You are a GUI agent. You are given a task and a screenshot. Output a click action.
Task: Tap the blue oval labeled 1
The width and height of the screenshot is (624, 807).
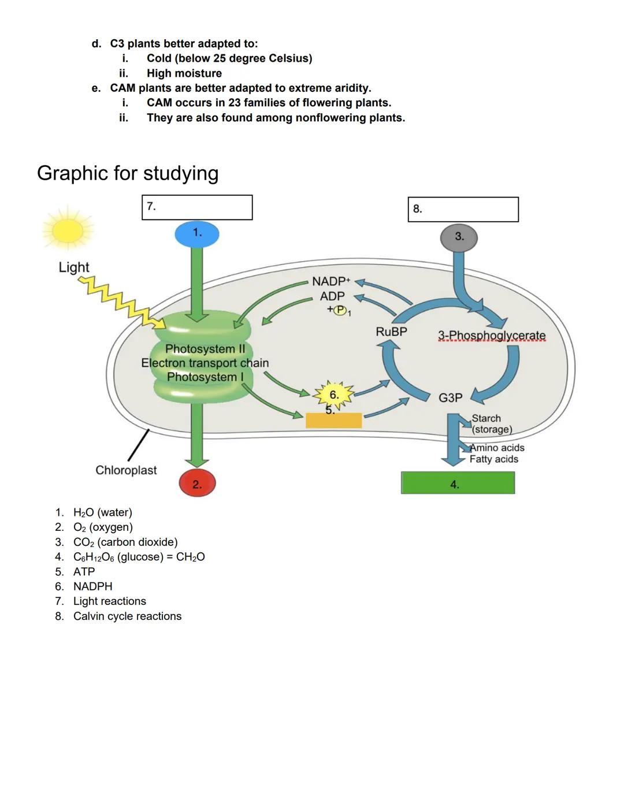pos(197,234)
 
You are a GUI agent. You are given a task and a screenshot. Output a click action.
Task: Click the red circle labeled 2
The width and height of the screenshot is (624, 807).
pos(197,484)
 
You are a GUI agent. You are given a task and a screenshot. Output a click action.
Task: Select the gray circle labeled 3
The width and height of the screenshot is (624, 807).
pos(459,237)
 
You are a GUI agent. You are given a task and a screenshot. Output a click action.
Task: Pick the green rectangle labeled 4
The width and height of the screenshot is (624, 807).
pos(458,483)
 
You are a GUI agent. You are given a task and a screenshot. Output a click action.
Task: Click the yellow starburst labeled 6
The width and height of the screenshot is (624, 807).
pos(334,395)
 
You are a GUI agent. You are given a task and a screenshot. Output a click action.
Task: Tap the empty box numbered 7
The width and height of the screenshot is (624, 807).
pos(197,207)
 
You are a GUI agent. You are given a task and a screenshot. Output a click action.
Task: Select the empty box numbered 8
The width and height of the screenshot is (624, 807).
pos(463,209)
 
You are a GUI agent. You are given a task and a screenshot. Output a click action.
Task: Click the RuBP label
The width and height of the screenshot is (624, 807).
pos(391,332)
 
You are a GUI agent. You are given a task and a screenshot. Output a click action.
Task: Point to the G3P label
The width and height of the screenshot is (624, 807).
pos(450,397)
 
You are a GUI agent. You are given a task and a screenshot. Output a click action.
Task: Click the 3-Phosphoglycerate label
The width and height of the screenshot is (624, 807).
pos(491,336)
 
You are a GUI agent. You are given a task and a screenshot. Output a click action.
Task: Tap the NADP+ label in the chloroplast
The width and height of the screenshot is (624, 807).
pos(330,281)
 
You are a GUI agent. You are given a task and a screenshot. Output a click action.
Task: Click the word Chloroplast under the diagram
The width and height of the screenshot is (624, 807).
pos(126,470)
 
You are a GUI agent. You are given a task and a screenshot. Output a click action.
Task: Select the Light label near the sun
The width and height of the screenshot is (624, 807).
pos(74,267)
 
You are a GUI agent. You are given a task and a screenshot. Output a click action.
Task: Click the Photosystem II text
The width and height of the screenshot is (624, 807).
pos(205,349)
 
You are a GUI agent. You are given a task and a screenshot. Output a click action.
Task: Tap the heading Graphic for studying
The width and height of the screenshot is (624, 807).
pos(128,173)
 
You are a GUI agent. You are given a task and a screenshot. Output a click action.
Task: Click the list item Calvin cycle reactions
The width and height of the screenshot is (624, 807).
pos(127,616)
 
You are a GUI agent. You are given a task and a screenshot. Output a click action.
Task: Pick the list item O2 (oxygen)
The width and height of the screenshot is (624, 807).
pos(103,527)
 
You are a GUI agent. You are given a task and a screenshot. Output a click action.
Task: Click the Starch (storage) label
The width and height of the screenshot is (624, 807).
pos(491,424)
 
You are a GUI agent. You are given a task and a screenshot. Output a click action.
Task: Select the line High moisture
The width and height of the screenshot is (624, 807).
pos(184,73)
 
